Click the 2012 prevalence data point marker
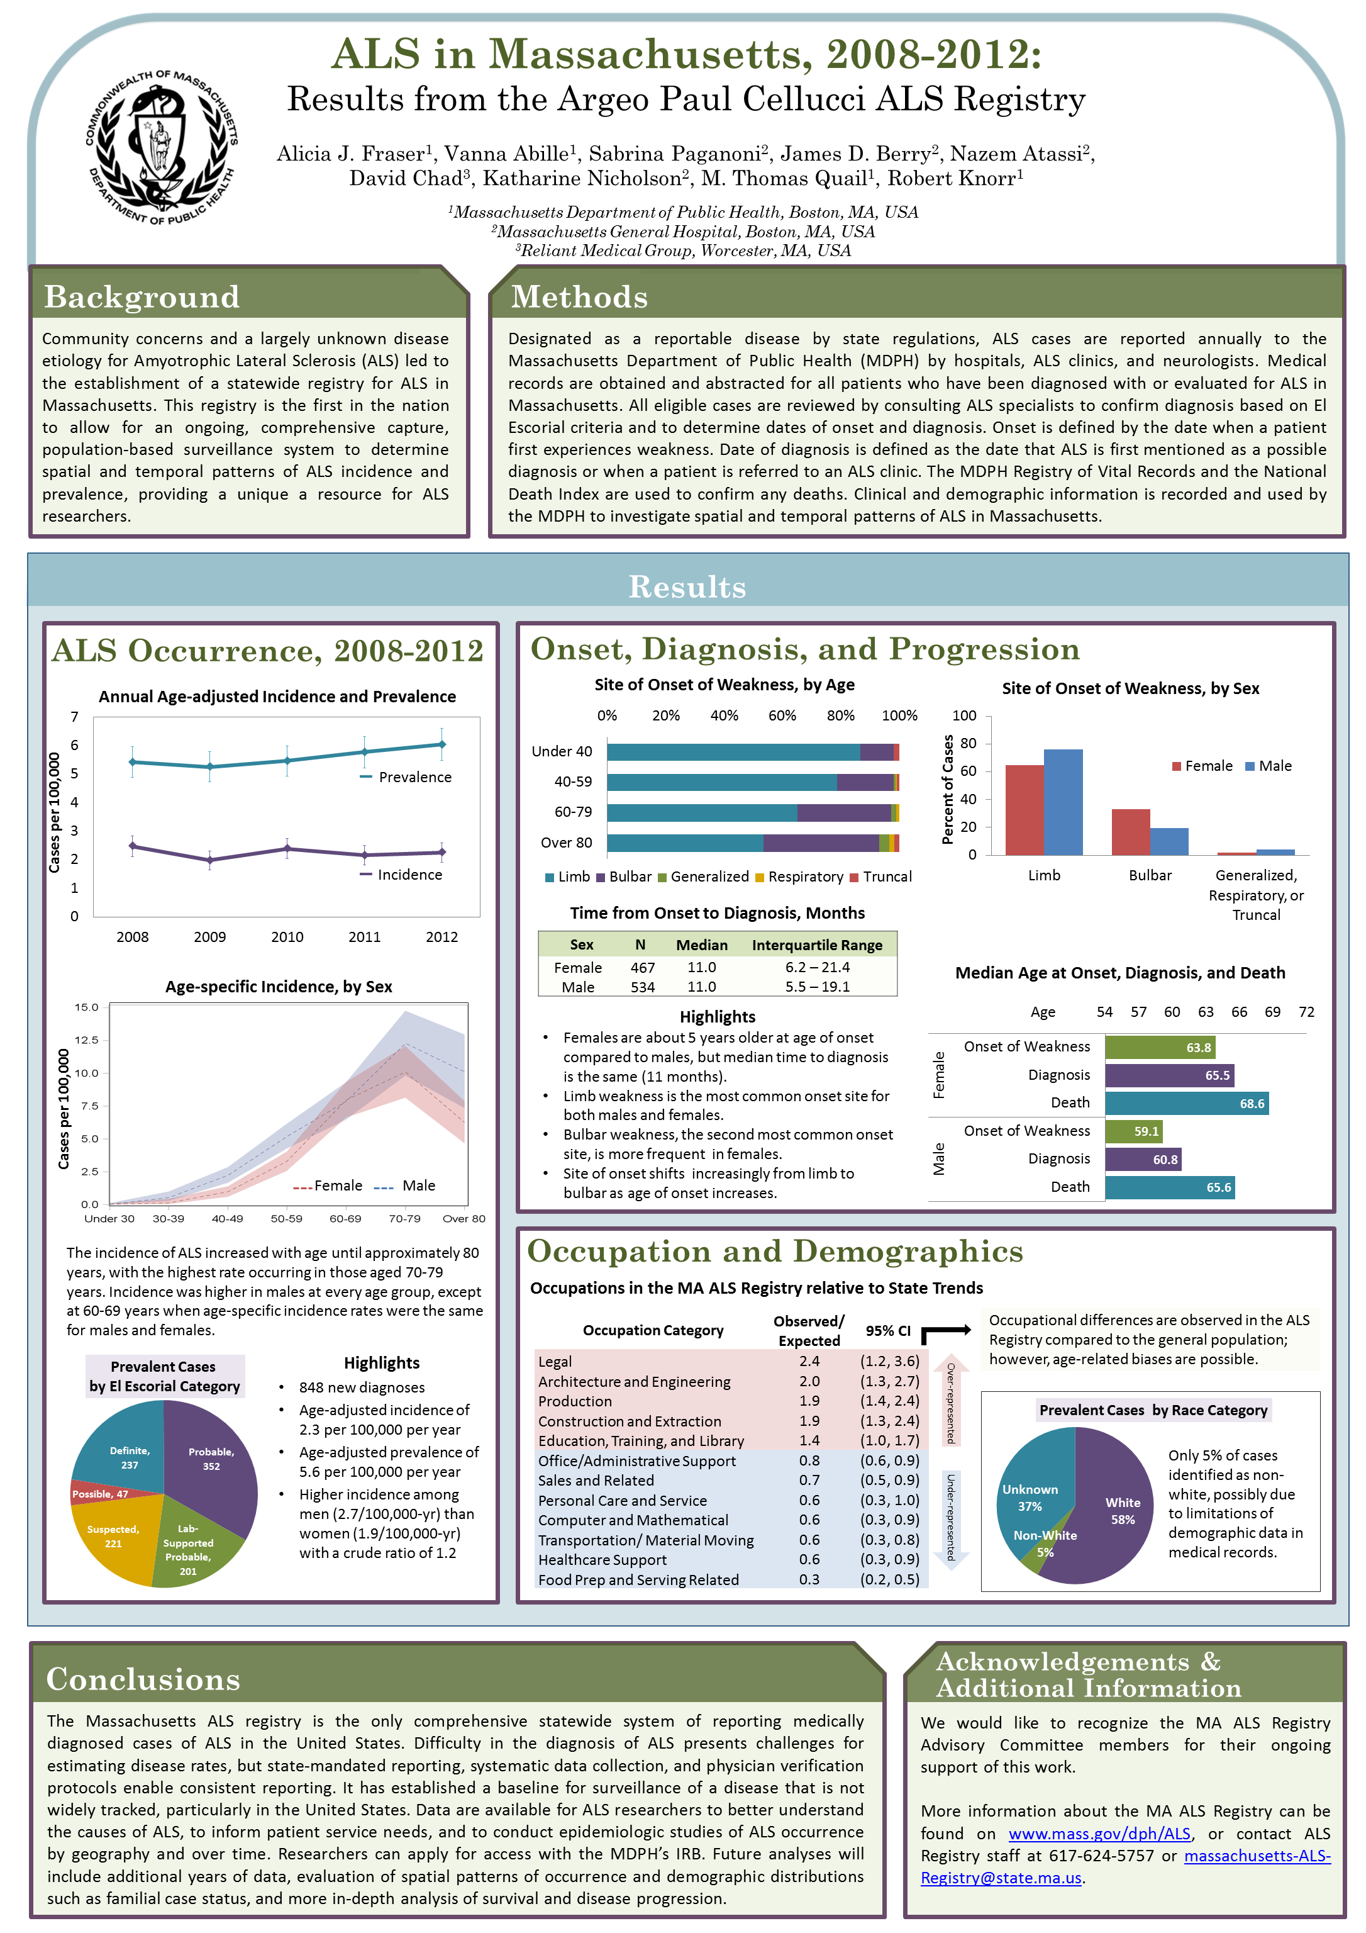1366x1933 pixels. point(442,744)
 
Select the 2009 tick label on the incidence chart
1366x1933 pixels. point(209,937)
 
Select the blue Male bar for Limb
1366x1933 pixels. point(1063,802)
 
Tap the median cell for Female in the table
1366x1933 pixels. point(701,967)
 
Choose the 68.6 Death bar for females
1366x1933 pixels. point(1186,1103)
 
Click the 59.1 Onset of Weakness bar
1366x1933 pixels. point(1133,1131)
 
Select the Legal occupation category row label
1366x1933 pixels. point(555,1362)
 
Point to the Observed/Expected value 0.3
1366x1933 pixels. point(809,1579)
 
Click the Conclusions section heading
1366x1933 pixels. point(143,1679)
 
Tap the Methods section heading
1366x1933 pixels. point(579,296)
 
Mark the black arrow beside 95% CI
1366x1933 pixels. point(946,1331)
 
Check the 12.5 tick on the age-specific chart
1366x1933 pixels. point(87,1039)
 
